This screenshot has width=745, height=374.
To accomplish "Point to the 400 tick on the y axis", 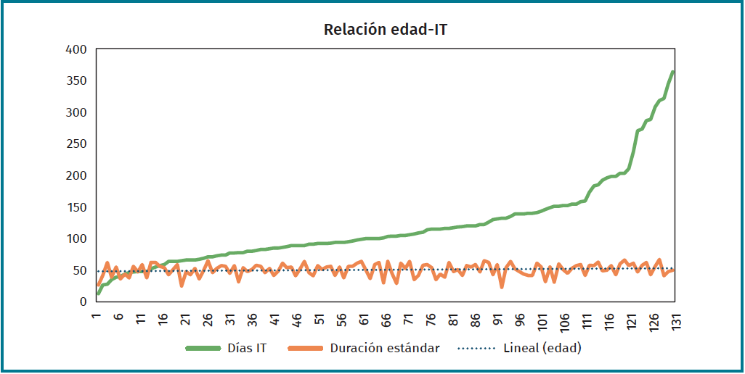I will pos(76,49).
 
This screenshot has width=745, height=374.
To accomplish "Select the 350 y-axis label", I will pos(76,80).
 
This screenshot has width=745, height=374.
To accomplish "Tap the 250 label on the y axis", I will pos(76,144).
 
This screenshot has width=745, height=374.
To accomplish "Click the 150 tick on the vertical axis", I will pos(76,207).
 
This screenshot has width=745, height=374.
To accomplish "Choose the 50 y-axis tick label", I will pos(79,270).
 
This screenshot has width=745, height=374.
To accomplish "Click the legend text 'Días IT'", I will pos(247,348).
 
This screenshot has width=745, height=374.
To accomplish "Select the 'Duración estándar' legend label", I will pos(385,348).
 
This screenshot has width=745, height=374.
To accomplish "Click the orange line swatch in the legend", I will pos(306,349).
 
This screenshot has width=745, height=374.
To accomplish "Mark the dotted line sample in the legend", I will pos(477,349).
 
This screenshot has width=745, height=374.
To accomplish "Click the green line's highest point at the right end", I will pos(673,72).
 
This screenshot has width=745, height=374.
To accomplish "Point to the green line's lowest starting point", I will pos(97,294).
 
